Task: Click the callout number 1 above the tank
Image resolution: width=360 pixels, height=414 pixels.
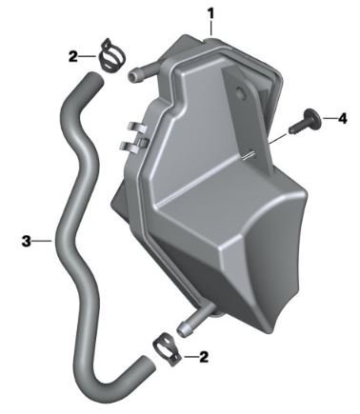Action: (211, 14)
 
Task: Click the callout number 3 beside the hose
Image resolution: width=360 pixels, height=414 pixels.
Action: (27, 241)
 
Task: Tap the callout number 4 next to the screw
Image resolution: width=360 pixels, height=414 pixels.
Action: (342, 119)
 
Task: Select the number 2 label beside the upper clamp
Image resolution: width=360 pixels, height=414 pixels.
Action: (73, 57)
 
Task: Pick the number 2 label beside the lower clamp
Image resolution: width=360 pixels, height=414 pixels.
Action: (204, 357)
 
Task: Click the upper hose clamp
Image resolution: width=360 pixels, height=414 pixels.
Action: (111, 55)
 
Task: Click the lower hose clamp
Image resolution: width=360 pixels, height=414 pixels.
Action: (167, 349)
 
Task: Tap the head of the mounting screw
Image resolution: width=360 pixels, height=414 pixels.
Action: (310, 117)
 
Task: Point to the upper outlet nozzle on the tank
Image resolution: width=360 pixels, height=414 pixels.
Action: (141, 74)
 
